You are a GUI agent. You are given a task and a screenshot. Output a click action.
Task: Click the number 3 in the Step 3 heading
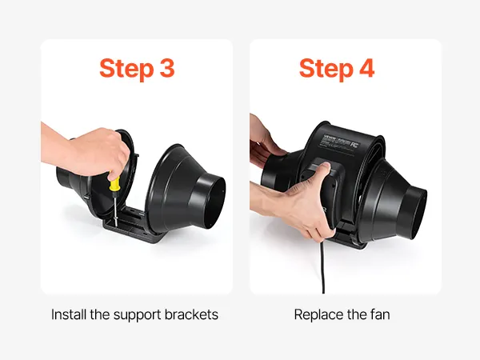click(x=167, y=68)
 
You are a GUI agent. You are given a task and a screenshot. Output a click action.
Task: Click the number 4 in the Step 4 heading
click(x=366, y=68)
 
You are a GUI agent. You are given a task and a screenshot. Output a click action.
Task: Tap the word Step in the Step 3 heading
click(x=126, y=69)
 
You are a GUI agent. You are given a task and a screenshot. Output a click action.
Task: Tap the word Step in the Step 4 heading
click(x=326, y=69)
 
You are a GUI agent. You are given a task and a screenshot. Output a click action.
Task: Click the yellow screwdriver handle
click(x=114, y=183)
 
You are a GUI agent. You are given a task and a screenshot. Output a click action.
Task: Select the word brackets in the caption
click(x=191, y=314)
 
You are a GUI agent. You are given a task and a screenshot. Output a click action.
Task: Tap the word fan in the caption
click(x=380, y=314)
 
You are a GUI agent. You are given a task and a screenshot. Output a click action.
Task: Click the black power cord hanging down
click(x=322, y=267)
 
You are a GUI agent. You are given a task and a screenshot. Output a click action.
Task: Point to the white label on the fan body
click(x=340, y=141)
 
